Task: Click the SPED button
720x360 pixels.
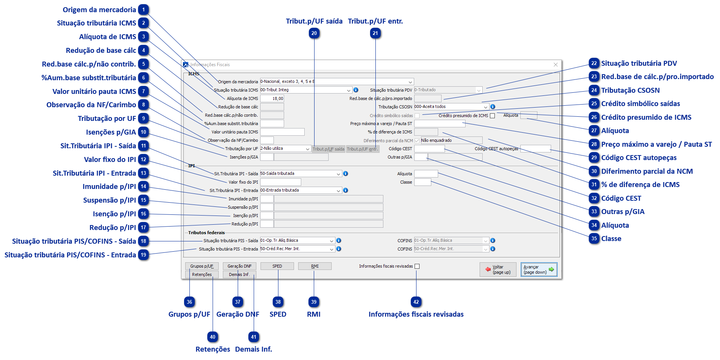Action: pos(277,266)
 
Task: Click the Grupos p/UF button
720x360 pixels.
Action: pos(202,266)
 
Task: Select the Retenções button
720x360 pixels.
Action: pos(202,274)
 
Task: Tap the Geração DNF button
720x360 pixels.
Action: pos(239,266)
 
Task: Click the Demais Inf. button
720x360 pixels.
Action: pos(239,274)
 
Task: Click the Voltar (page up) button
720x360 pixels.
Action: pos(498,270)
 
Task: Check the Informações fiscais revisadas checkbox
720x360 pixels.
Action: pos(417,266)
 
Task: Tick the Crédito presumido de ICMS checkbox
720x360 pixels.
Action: pos(493,116)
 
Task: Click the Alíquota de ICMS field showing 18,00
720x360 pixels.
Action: pos(272,98)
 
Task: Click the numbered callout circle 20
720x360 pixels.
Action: pos(314,33)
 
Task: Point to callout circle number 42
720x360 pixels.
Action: pos(416,302)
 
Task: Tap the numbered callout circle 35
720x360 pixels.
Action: pos(594,239)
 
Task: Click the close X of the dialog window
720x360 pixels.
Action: pos(556,65)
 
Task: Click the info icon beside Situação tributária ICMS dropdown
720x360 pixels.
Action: pos(356,90)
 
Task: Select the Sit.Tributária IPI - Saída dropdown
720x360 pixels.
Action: pos(300,174)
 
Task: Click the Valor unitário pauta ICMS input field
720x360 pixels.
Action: pos(282,132)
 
